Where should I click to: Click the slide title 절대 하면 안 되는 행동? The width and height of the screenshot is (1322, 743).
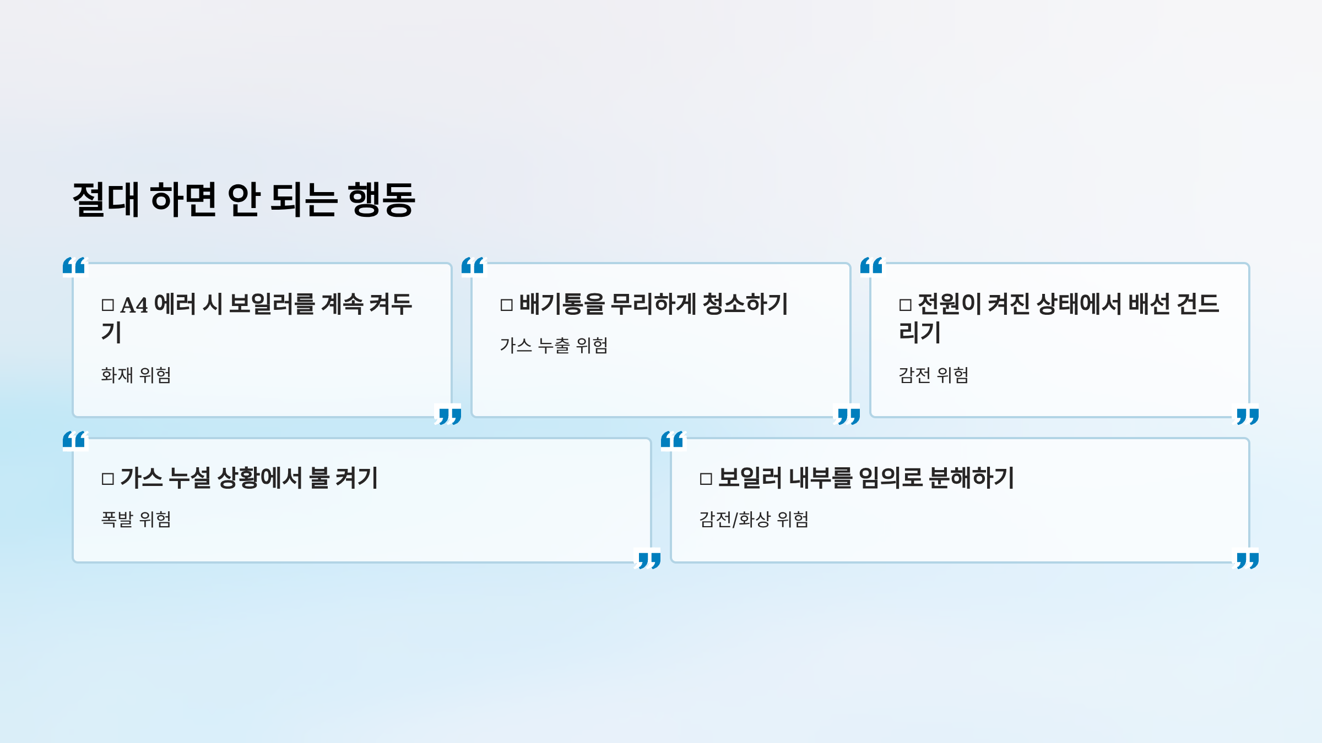244,200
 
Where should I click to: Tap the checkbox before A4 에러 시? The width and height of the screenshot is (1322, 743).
108,305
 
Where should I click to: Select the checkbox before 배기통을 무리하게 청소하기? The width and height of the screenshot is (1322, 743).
507,305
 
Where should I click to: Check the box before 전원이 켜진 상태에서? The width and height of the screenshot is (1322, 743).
906,305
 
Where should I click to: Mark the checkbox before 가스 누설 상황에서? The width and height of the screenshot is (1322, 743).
108,479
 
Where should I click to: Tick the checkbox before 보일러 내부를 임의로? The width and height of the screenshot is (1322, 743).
706,479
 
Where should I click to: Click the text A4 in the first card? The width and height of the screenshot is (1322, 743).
134,305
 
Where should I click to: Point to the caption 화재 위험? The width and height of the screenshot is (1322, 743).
136,375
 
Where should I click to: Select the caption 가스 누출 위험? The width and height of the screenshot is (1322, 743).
554,346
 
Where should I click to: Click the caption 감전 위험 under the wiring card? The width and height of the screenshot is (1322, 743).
934,375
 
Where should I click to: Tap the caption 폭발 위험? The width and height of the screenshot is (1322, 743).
136,520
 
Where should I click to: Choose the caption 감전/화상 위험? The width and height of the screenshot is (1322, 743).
754,520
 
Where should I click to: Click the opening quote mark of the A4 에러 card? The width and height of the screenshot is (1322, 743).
74,266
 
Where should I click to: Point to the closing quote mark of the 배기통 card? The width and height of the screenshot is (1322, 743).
848,416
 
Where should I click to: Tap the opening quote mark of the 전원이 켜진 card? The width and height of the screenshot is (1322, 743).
871,266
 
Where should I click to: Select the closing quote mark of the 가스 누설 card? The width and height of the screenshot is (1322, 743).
649,561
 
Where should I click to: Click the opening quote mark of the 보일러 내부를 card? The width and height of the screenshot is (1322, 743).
672,440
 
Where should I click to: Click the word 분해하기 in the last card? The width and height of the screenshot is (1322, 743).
972,478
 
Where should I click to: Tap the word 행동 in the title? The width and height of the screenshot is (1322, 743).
381,200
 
